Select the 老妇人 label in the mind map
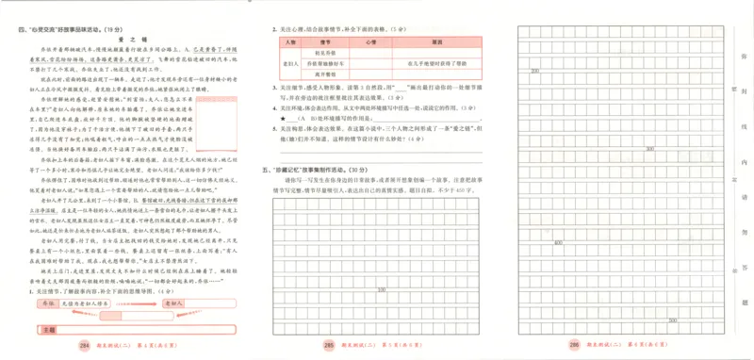pos(172,303)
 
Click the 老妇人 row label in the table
pos(289,62)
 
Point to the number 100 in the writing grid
pos(382,289)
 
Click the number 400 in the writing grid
pos(559,242)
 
